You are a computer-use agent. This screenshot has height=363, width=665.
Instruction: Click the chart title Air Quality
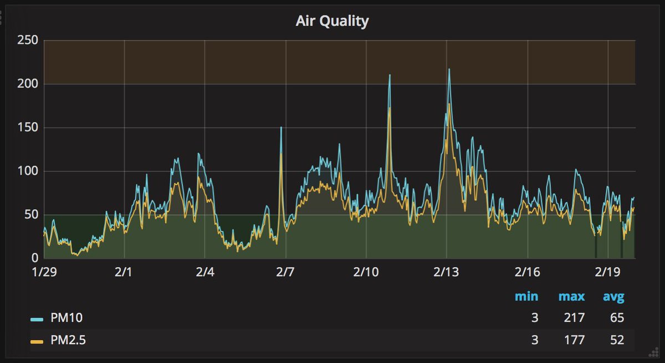pyautogui.click(x=332, y=21)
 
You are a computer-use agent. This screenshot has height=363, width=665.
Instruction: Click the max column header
pyautogui.click(x=571, y=297)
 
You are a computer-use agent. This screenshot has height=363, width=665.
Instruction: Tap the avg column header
pyautogui.click(x=613, y=297)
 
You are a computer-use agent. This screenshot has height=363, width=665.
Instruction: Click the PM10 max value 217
pyautogui.click(x=574, y=318)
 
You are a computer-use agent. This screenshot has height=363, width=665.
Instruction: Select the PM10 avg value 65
pyautogui.click(x=616, y=318)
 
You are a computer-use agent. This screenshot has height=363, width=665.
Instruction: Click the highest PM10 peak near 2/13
pyautogui.click(x=449, y=70)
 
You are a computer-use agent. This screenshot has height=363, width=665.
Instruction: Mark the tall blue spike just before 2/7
pyautogui.click(x=281, y=128)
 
